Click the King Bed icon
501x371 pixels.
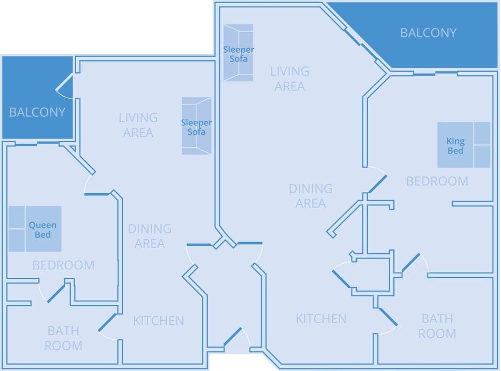tap(463, 145)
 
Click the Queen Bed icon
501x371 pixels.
tap(35, 229)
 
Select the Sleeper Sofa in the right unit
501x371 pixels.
tap(238, 53)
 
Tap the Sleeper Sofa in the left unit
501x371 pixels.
tap(196, 126)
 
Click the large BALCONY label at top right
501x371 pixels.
tap(428, 33)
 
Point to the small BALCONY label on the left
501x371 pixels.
tap(37, 112)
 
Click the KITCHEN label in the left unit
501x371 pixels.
tap(158, 320)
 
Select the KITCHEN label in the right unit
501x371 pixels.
tap(321, 318)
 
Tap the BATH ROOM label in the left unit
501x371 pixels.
tap(63, 338)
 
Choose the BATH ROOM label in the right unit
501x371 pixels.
tap(437, 326)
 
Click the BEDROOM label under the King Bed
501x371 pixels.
tap(437, 181)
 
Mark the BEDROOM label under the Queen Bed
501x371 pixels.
tap(63, 265)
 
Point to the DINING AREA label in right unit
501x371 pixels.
tap(311, 196)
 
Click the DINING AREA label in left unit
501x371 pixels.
tap(149, 236)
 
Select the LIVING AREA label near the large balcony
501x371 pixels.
tap(290, 78)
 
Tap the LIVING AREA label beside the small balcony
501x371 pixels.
tap(138, 125)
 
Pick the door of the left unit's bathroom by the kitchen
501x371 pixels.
tap(107, 323)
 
